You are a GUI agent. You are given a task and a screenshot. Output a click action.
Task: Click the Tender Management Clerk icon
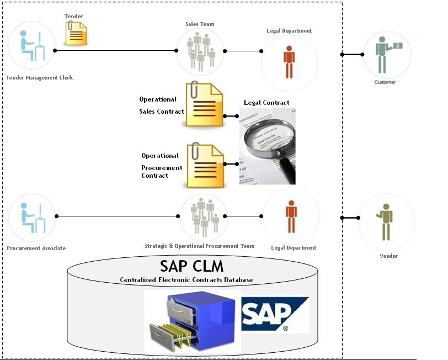tap(31, 45)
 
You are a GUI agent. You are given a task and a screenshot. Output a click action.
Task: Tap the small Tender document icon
tap(76, 33)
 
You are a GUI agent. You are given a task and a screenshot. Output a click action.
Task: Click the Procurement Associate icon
tap(32, 217)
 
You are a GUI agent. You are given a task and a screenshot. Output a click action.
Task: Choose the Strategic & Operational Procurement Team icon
tap(204, 216)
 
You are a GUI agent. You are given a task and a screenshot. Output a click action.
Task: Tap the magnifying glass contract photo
tap(267, 146)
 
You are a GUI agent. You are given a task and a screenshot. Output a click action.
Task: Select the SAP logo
tap(275, 315)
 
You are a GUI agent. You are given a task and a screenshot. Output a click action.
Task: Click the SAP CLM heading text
tap(192, 266)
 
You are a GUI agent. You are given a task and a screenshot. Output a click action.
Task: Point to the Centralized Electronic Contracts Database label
tap(186, 280)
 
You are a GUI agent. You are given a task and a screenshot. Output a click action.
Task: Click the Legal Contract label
tap(266, 103)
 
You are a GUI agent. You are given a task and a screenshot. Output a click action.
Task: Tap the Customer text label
tap(385, 82)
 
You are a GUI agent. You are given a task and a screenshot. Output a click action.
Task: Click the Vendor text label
tap(388, 256)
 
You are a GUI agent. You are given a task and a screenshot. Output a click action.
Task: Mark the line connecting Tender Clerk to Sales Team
tap(116, 51)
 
